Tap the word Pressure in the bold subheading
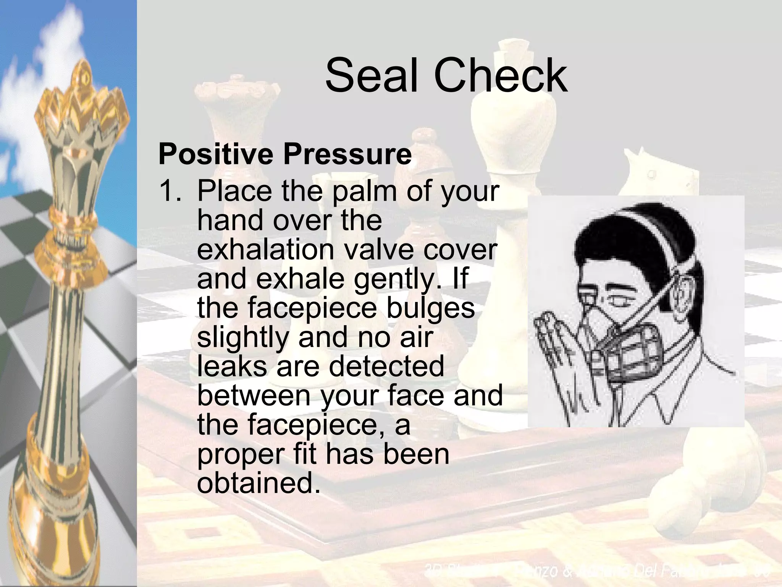[347, 154]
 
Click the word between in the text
[254, 395]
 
